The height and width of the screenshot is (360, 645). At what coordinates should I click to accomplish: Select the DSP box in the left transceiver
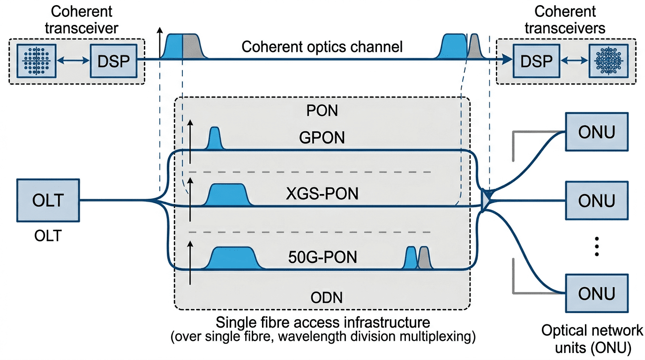click(113, 61)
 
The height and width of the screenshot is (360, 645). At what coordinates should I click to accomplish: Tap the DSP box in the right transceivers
click(535, 61)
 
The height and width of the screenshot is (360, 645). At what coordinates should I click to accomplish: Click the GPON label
click(322, 138)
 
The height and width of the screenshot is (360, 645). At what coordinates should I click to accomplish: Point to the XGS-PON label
click(322, 193)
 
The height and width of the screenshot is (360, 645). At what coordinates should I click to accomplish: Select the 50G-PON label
click(322, 257)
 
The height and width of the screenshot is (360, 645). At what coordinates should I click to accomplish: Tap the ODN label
click(322, 297)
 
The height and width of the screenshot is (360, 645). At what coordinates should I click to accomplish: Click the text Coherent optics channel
click(322, 47)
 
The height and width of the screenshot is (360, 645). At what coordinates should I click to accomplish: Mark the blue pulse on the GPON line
click(215, 139)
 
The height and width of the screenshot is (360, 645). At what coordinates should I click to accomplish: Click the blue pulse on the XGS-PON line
click(228, 195)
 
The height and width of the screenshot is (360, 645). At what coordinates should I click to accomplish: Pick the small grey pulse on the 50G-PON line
click(425, 259)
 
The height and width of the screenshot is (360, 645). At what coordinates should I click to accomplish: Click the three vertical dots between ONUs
click(597, 246)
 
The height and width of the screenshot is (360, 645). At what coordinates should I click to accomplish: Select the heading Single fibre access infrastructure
click(322, 322)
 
